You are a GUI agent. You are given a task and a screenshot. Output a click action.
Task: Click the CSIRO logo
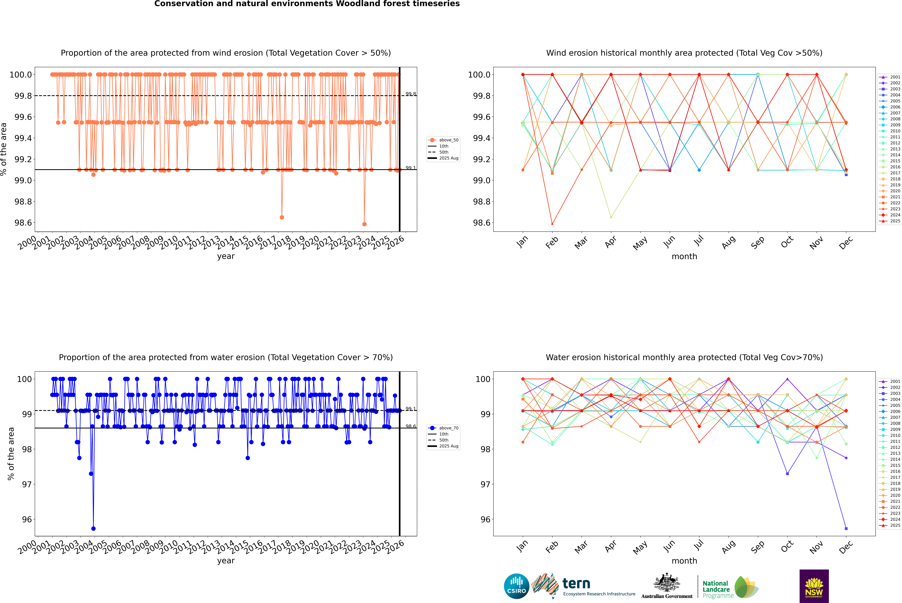click(x=516, y=586)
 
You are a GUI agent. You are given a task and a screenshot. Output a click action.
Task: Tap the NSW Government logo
click(x=814, y=586)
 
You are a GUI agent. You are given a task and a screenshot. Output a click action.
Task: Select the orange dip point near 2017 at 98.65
click(x=282, y=217)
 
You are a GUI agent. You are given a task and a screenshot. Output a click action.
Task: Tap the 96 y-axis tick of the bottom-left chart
click(x=27, y=519)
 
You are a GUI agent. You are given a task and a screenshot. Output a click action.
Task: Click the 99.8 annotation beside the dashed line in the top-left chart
click(x=411, y=94)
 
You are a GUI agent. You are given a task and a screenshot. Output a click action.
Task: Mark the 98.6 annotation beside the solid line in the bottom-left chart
click(x=411, y=426)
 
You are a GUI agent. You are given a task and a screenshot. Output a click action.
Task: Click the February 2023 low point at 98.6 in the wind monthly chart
click(x=552, y=224)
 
